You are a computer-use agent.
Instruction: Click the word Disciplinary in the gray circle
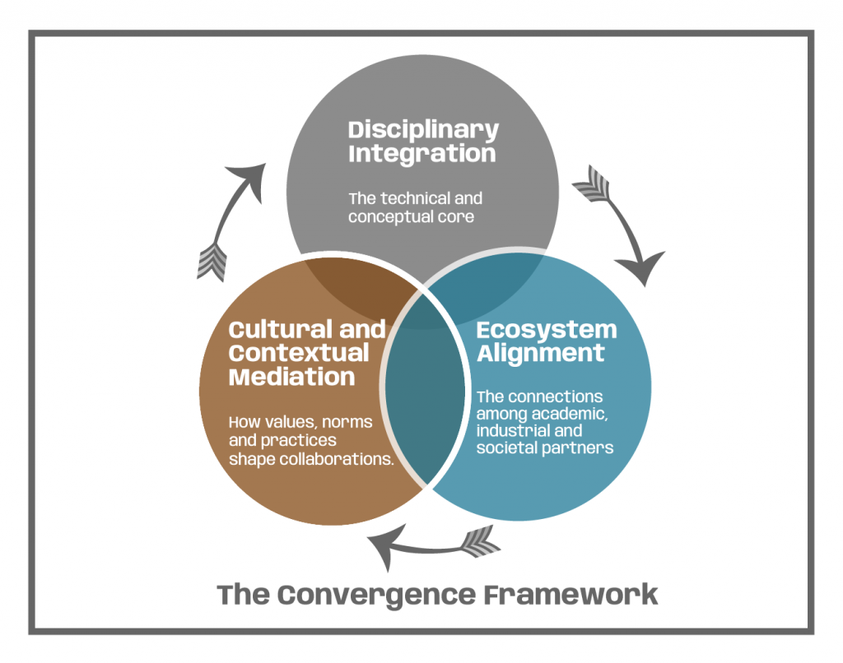point(423,130)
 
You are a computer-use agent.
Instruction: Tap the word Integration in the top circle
point(421,154)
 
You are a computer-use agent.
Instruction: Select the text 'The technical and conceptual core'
point(415,208)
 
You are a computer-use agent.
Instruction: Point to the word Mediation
point(291,378)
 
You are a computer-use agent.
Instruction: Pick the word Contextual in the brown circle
point(299,354)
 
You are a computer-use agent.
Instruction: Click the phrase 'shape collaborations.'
point(310,459)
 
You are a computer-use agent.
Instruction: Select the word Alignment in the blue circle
point(541,354)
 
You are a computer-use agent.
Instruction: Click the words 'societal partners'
point(545,448)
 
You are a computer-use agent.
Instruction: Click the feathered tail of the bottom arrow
point(480,541)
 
